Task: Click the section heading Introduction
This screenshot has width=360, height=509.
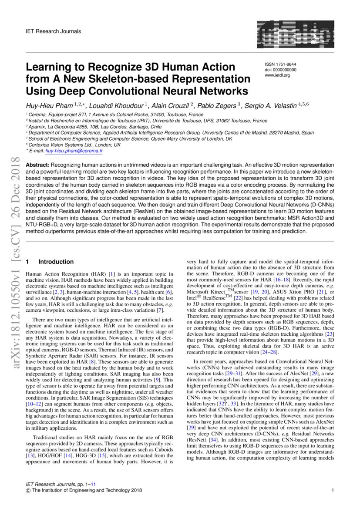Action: tap(56, 262)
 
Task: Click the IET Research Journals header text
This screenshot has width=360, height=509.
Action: tap(54, 31)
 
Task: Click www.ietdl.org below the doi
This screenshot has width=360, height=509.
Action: tap(277, 75)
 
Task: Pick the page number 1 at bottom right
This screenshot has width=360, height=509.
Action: tap(332, 491)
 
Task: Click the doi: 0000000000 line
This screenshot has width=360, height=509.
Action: tap(280, 70)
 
